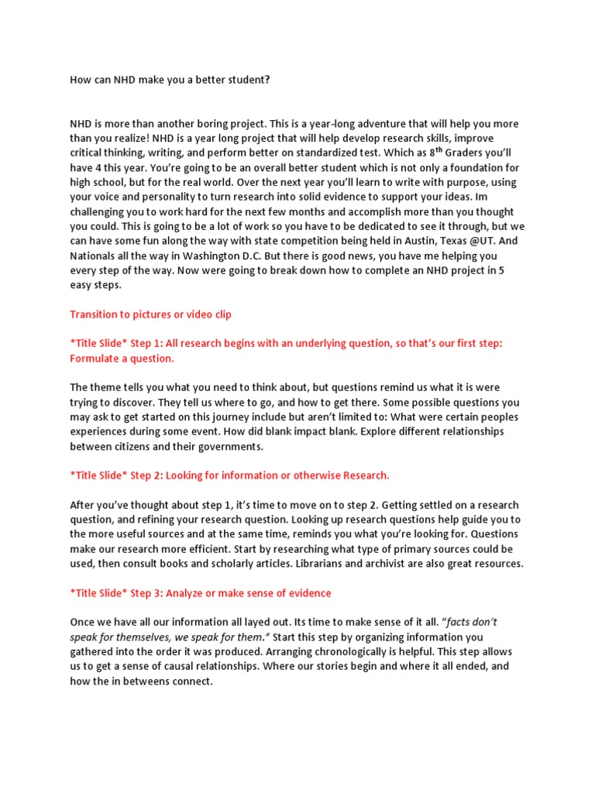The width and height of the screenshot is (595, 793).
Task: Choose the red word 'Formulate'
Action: click(96, 359)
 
